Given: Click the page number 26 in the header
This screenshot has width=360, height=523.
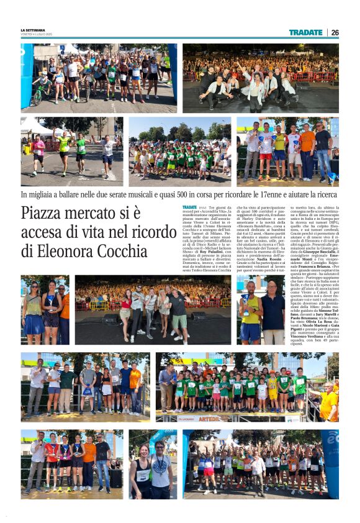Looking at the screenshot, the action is click(x=335, y=32).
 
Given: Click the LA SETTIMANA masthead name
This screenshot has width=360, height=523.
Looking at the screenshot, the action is click(x=33, y=30).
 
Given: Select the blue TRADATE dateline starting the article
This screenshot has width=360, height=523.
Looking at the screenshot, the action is click(x=190, y=206).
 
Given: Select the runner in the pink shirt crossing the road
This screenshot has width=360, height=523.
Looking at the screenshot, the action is click(x=39, y=150).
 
